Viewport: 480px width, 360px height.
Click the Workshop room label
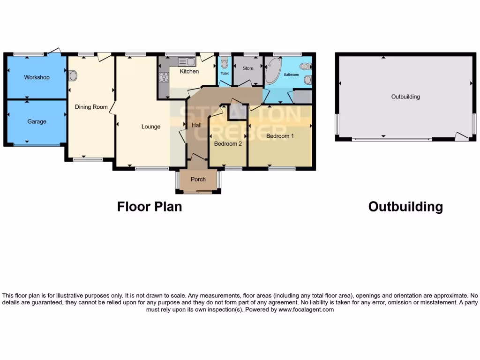37,77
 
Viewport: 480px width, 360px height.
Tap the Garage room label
37,121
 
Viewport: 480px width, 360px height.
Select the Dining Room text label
91,107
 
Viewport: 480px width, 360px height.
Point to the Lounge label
151,127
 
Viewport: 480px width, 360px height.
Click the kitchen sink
186,62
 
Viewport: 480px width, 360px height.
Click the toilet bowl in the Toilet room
225,63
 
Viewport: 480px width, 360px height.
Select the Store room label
248,68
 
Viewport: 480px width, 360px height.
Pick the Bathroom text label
291,75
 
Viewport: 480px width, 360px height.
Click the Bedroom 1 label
280,136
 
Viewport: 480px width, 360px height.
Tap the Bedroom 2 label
228,144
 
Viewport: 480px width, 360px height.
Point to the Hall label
196,125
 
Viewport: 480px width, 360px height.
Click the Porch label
198,180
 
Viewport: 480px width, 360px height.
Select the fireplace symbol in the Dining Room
73,76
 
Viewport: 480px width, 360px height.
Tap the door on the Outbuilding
461,136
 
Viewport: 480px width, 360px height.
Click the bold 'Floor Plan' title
150,206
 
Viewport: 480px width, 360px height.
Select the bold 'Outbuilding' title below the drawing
405,206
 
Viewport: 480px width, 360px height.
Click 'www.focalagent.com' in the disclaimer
306,310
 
